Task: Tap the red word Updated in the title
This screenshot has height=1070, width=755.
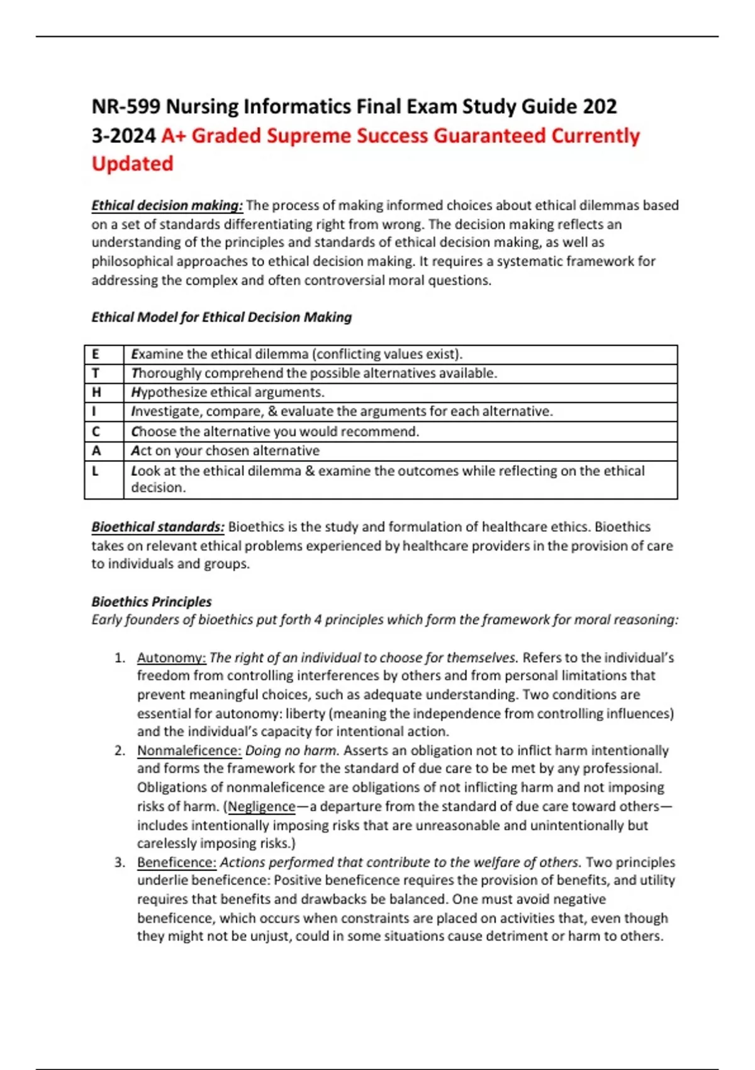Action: (132, 164)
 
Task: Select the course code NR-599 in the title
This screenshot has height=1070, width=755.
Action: (126, 106)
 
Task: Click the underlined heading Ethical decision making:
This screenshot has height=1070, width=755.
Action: (167, 206)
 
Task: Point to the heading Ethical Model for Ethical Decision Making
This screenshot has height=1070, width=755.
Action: (221, 317)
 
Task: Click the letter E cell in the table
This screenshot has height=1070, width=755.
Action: (96, 354)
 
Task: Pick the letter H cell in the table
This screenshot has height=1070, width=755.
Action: (96, 393)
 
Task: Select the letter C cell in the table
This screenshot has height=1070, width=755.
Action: (96, 432)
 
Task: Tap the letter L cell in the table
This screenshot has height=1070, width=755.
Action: (96, 471)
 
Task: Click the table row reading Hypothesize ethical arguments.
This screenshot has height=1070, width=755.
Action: (228, 393)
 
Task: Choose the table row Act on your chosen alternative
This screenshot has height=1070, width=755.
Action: (225, 451)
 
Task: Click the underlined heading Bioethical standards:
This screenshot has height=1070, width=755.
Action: (158, 527)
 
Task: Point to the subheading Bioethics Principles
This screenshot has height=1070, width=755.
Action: (152, 602)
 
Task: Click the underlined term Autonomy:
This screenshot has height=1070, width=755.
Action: (171, 658)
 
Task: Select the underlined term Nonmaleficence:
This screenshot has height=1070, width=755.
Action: (189, 751)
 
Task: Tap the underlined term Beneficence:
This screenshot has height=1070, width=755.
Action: (177, 862)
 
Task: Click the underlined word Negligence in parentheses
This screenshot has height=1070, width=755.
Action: (262, 807)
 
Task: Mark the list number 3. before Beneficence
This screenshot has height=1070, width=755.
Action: (120, 862)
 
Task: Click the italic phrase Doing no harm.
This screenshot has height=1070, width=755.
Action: (292, 751)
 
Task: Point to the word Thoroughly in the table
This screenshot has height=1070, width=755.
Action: (165, 374)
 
